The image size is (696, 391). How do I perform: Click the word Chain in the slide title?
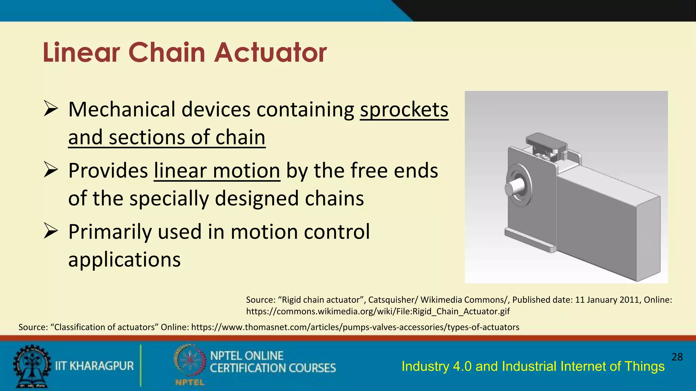167,53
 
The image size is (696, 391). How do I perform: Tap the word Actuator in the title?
270,53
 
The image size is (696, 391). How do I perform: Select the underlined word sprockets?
404,110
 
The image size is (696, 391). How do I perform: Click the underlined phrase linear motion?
217,170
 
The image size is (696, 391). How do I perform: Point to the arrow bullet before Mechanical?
51,109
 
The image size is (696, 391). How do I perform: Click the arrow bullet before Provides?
51,170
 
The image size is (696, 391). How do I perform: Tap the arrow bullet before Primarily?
51,231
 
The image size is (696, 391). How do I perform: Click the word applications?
124,260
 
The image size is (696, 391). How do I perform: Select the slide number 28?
677,357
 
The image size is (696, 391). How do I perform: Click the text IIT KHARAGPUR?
94,366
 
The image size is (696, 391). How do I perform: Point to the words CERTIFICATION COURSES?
273,368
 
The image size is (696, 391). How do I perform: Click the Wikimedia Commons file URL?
378,311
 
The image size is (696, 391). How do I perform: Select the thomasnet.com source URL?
355,327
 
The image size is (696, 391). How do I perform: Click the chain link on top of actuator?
546,143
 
